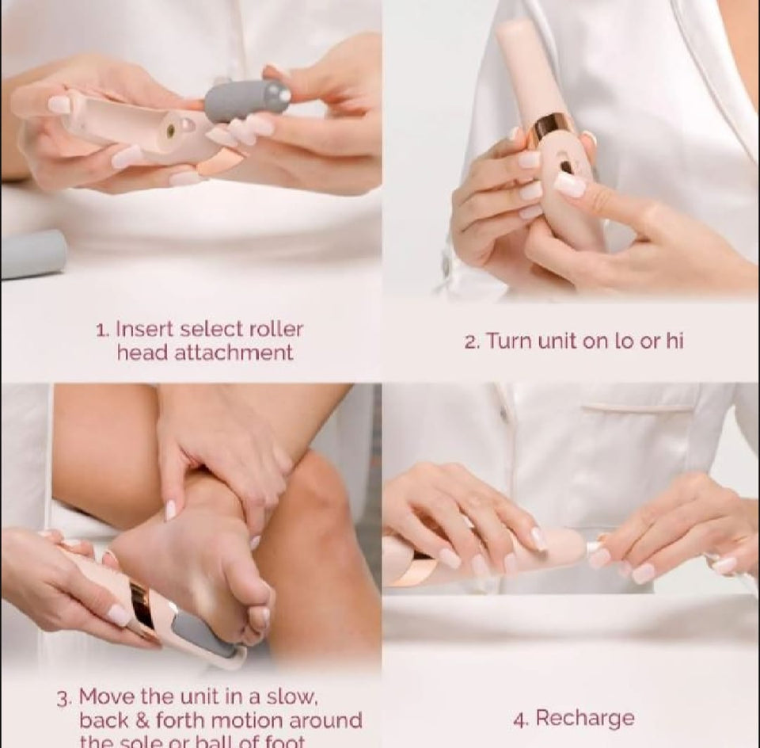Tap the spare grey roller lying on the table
pos(32,254)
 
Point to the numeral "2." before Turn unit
pos(472,342)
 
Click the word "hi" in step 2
pos(674,341)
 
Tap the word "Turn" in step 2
pos(508,341)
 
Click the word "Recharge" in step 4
pos(585,719)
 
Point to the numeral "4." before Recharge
pos(521,719)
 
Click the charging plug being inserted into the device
pos(592,547)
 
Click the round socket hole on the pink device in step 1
pos(168,126)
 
